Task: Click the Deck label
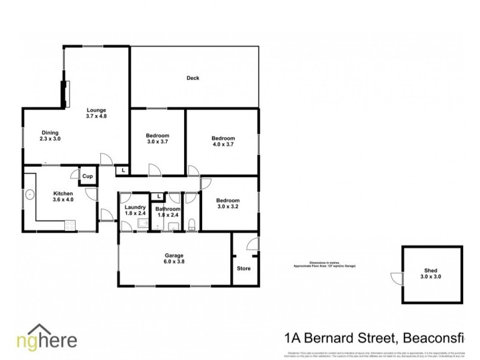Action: click(193, 78)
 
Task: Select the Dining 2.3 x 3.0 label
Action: click(50, 136)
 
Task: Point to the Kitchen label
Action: click(63, 196)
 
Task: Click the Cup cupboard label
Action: click(88, 176)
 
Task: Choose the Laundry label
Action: click(136, 210)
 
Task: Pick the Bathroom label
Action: click(167, 212)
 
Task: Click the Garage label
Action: click(174, 259)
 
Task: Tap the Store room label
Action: click(244, 268)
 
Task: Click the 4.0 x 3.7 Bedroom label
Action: click(223, 141)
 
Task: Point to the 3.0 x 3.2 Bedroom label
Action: click(228, 204)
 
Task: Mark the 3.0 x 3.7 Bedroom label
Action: click(158, 139)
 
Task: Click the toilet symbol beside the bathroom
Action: click(191, 224)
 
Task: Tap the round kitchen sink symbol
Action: click(29, 194)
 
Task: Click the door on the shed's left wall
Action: click(395, 277)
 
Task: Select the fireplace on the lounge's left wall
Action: click(65, 92)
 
